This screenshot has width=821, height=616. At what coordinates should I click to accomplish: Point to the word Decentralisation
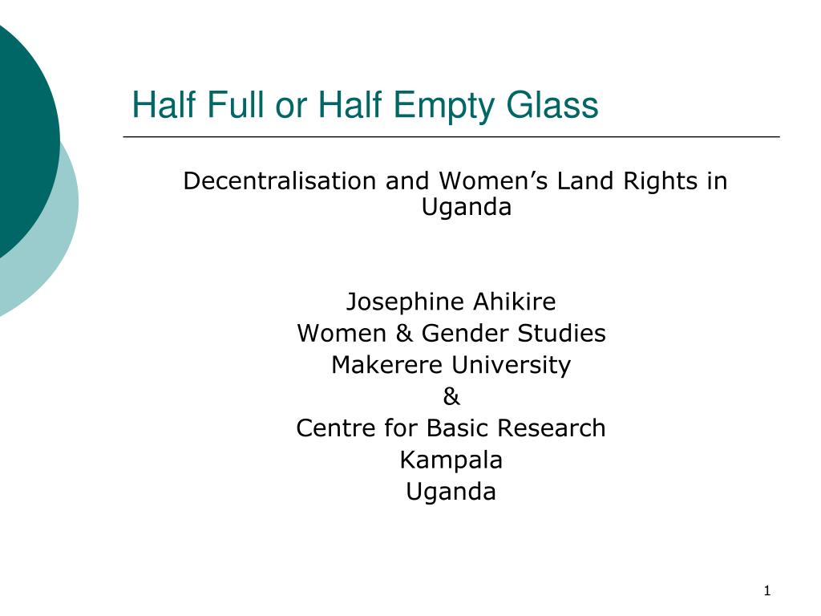click(x=280, y=180)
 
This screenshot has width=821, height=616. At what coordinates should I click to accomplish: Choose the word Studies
click(x=556, y=333)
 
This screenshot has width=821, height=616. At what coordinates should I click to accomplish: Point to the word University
click(x=510, y=365)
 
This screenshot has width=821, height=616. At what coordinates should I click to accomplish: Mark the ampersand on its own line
click(x=451, y=396)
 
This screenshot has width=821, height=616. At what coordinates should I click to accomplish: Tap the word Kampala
click(x=451, y=460)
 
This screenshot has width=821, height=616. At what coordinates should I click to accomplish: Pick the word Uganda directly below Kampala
click(x=451, y=492)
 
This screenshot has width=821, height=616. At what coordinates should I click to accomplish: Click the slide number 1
click(x=767, y=592)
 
